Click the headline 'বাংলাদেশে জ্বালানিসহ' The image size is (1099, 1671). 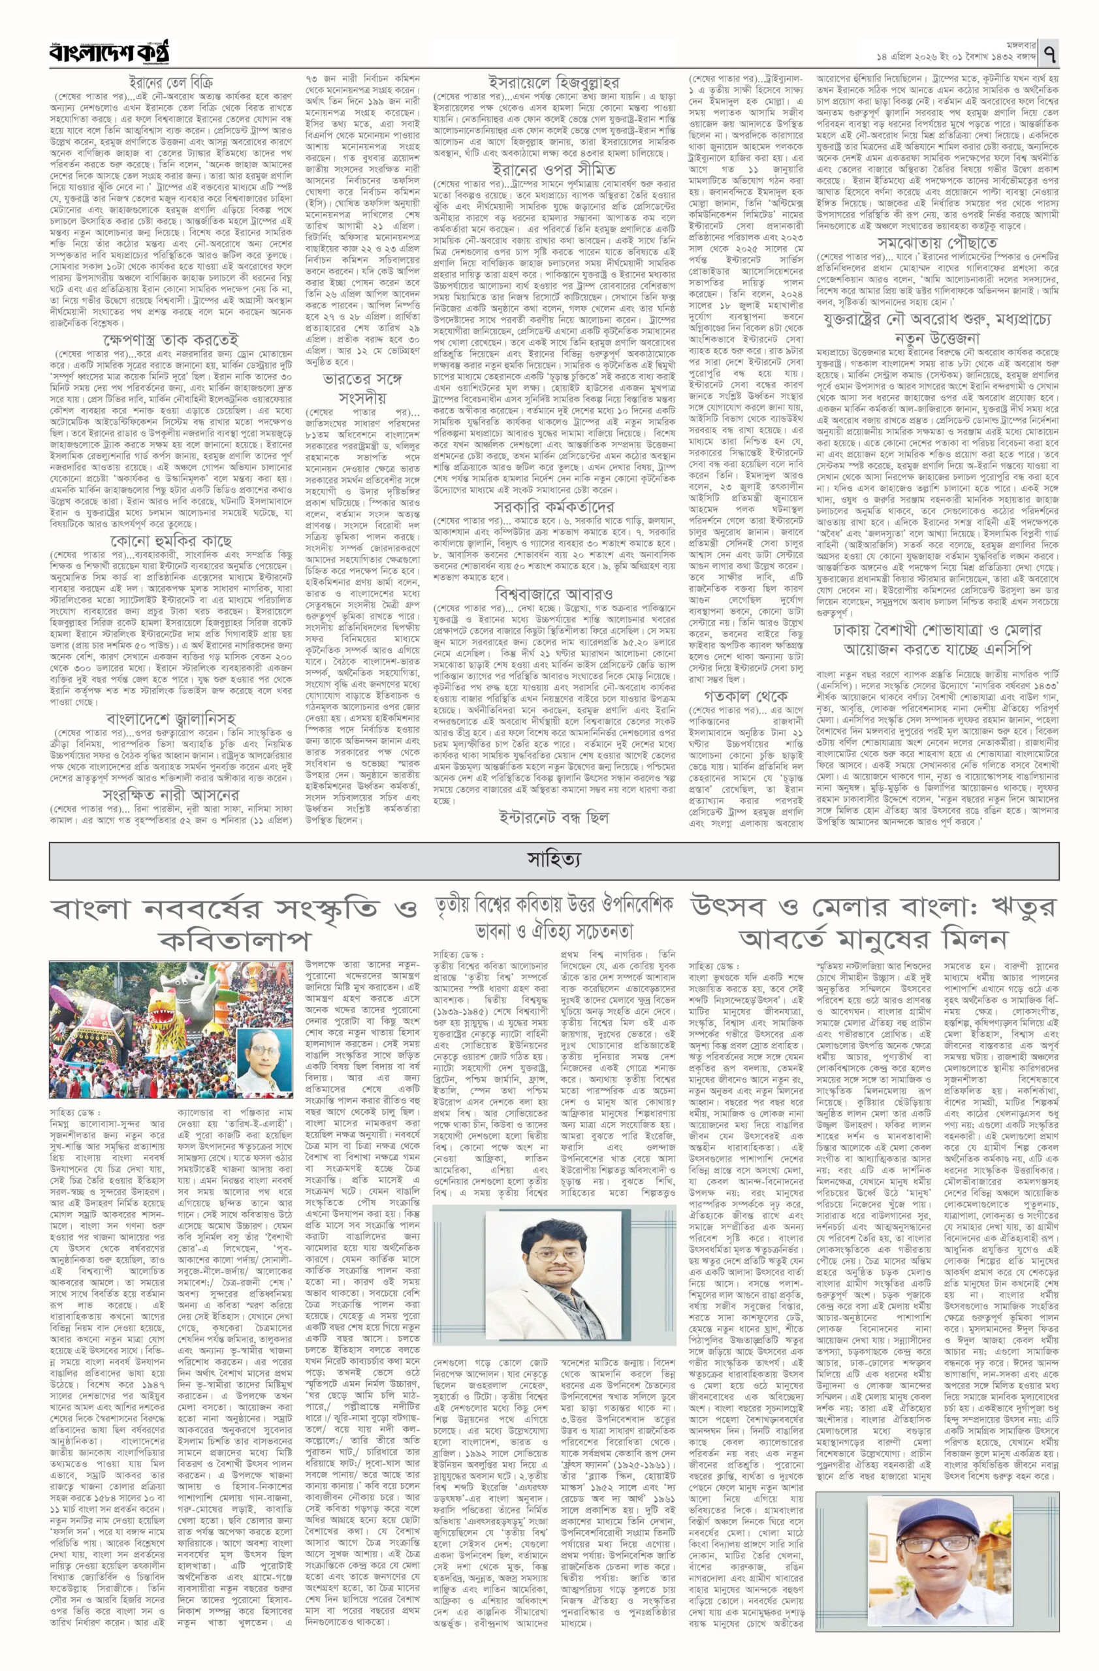170,718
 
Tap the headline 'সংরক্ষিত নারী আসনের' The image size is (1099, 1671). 170,795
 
